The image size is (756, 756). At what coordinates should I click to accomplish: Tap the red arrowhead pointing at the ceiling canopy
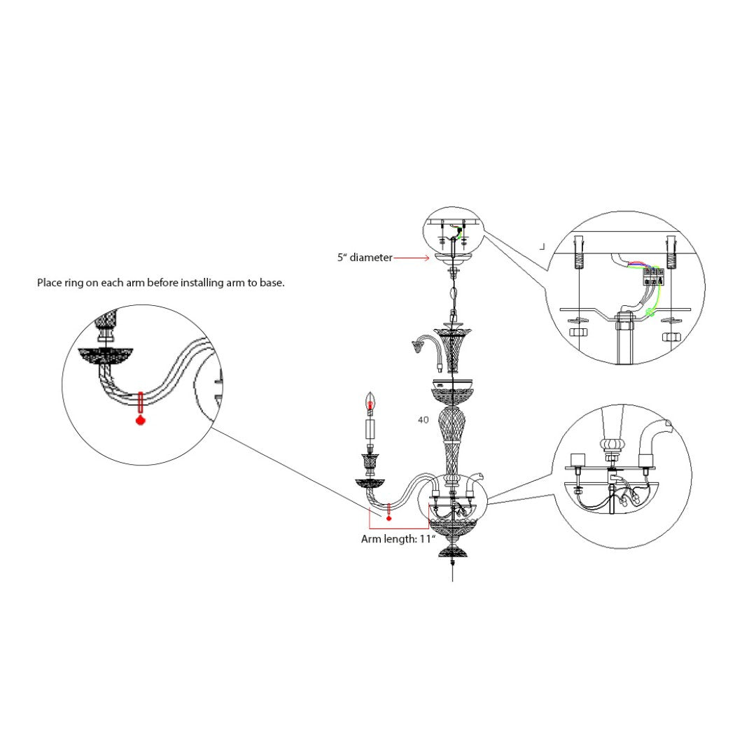tap(426, 258)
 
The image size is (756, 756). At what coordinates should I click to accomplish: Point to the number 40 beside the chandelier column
tap(423, 420)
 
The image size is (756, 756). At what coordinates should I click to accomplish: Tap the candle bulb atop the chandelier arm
tap(371, 402)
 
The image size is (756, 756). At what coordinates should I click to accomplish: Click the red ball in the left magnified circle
tap(141, 421)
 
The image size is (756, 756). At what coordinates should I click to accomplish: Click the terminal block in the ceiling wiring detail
tap(654, 275)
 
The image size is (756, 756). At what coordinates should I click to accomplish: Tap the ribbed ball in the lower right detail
tap(612, 444)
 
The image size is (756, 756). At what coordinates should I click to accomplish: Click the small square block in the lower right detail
tap(578, 460)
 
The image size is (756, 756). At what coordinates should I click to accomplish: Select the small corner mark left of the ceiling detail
tap(542, 246)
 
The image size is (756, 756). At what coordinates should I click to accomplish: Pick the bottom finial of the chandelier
tap(454, 553)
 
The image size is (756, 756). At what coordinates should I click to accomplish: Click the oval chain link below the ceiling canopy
tap(454, 293)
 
